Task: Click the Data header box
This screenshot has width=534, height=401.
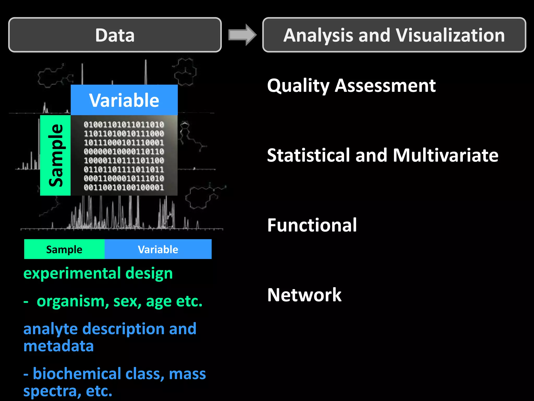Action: (x=115, y=35)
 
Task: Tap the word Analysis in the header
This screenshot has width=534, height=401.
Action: (x=318, y=36)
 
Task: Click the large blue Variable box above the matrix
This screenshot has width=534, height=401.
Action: (x=124, y=100)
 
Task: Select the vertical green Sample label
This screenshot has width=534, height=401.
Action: (x=56, y=155)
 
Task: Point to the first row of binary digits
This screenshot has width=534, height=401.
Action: (x=124, y=125)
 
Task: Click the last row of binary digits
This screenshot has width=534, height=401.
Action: (x=124, y=187)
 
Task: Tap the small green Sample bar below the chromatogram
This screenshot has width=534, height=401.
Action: (x=64, y=249)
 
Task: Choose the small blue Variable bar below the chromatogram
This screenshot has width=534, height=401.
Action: (x=158, y=249)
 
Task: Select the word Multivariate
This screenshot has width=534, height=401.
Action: (x=445, y=155)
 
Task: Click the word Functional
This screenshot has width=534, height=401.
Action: (x=312, y=225)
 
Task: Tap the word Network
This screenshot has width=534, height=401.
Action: (x=304, y=295)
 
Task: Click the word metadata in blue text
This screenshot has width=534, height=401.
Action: (x=58, y=346)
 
